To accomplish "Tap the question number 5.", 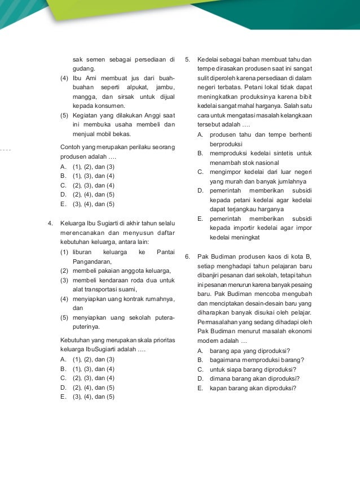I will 187,59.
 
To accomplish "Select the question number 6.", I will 187,256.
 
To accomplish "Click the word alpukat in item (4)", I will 131,87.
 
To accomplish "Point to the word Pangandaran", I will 92,261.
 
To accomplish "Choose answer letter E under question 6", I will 200,388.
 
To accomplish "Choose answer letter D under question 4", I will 63,387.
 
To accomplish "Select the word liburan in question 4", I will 83,252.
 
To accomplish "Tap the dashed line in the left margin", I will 6,150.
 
